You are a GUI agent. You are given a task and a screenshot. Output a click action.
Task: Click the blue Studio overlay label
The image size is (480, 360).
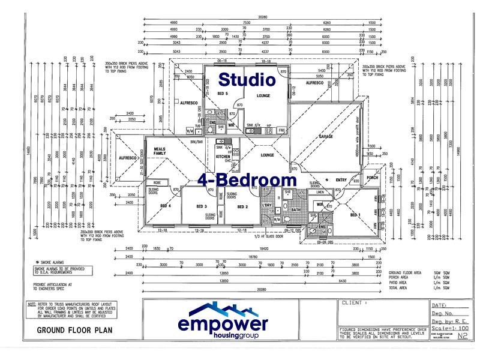[x=247, y=79]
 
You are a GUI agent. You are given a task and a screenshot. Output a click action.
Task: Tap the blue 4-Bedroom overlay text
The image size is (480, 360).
[x=247, y=179]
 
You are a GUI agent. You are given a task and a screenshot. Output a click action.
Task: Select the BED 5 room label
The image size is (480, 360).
[x=221, y=95]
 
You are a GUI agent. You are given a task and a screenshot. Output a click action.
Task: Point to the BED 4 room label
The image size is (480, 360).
[x=166, y=206]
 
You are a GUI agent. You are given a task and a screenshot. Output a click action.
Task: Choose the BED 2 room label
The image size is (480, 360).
[x=242, y=206]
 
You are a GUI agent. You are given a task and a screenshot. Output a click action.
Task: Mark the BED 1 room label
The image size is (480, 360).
[x=355, y=215]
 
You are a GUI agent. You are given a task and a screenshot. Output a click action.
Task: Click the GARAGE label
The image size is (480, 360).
[x=326, y=137]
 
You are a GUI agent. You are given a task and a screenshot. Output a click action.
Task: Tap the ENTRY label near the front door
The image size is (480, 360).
[x=341, y=179]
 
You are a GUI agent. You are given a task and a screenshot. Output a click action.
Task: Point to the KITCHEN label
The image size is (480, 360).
[x=223, y=156]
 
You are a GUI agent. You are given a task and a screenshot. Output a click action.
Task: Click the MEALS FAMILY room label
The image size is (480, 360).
[x=160, y=151]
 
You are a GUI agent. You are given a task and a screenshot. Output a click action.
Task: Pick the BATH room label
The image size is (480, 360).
[x=296, y=209]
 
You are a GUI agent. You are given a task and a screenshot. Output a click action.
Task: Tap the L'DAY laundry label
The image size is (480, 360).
[x=267, y=206]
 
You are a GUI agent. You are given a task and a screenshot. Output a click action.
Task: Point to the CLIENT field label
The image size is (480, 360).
[x=352, y=303]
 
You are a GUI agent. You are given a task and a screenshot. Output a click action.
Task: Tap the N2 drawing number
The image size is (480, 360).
[x=462, y=338]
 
